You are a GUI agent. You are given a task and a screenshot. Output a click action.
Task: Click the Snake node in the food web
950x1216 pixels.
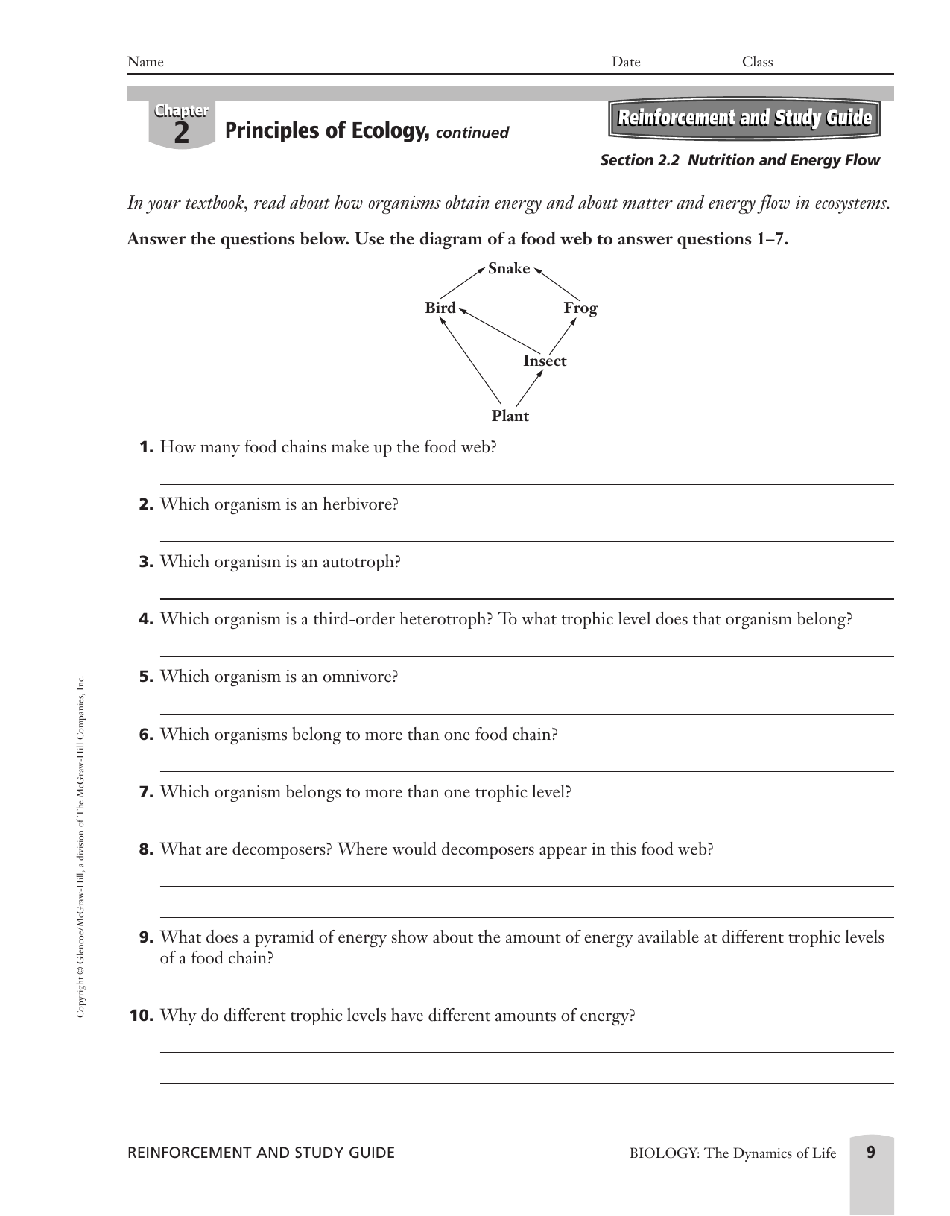click(509, 269)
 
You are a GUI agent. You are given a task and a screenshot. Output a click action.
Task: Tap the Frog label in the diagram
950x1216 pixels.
click(580, 308)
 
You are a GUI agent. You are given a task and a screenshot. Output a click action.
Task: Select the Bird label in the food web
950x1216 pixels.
click(440, 308)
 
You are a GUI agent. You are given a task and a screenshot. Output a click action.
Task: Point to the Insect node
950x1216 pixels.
click(544, 361)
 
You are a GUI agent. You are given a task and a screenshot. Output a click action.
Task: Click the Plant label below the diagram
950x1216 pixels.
click(510, 417)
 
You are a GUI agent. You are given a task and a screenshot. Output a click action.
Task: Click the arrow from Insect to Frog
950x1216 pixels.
click(562, 337)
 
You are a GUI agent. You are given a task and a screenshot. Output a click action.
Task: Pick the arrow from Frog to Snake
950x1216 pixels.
click(557, 284)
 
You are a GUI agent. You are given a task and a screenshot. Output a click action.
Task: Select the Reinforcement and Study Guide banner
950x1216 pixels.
click(744, 118)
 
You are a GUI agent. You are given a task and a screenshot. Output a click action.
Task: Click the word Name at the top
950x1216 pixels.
click(145, 62)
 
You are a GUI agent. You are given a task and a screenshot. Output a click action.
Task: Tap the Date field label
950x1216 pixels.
click(626, 62)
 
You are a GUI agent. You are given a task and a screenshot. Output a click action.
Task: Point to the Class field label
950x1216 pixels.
click(757, 62)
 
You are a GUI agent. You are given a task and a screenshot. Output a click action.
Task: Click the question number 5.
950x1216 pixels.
click(146, 677)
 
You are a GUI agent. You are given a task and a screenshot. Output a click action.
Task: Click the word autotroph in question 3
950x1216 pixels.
click(358, 562)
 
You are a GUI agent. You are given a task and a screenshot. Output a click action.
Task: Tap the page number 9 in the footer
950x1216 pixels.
click(871, 1153)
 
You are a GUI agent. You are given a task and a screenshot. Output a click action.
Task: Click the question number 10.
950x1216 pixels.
click(142, 1016)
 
